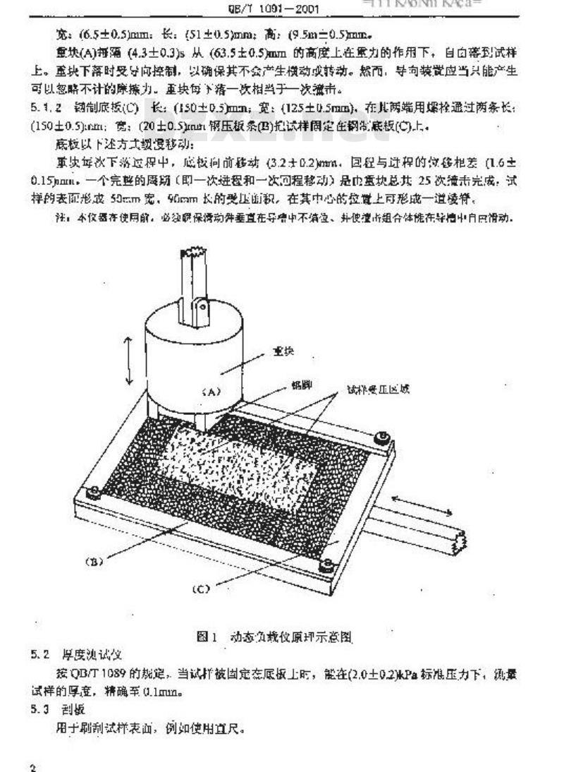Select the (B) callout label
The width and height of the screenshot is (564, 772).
(x=94, y=562)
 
